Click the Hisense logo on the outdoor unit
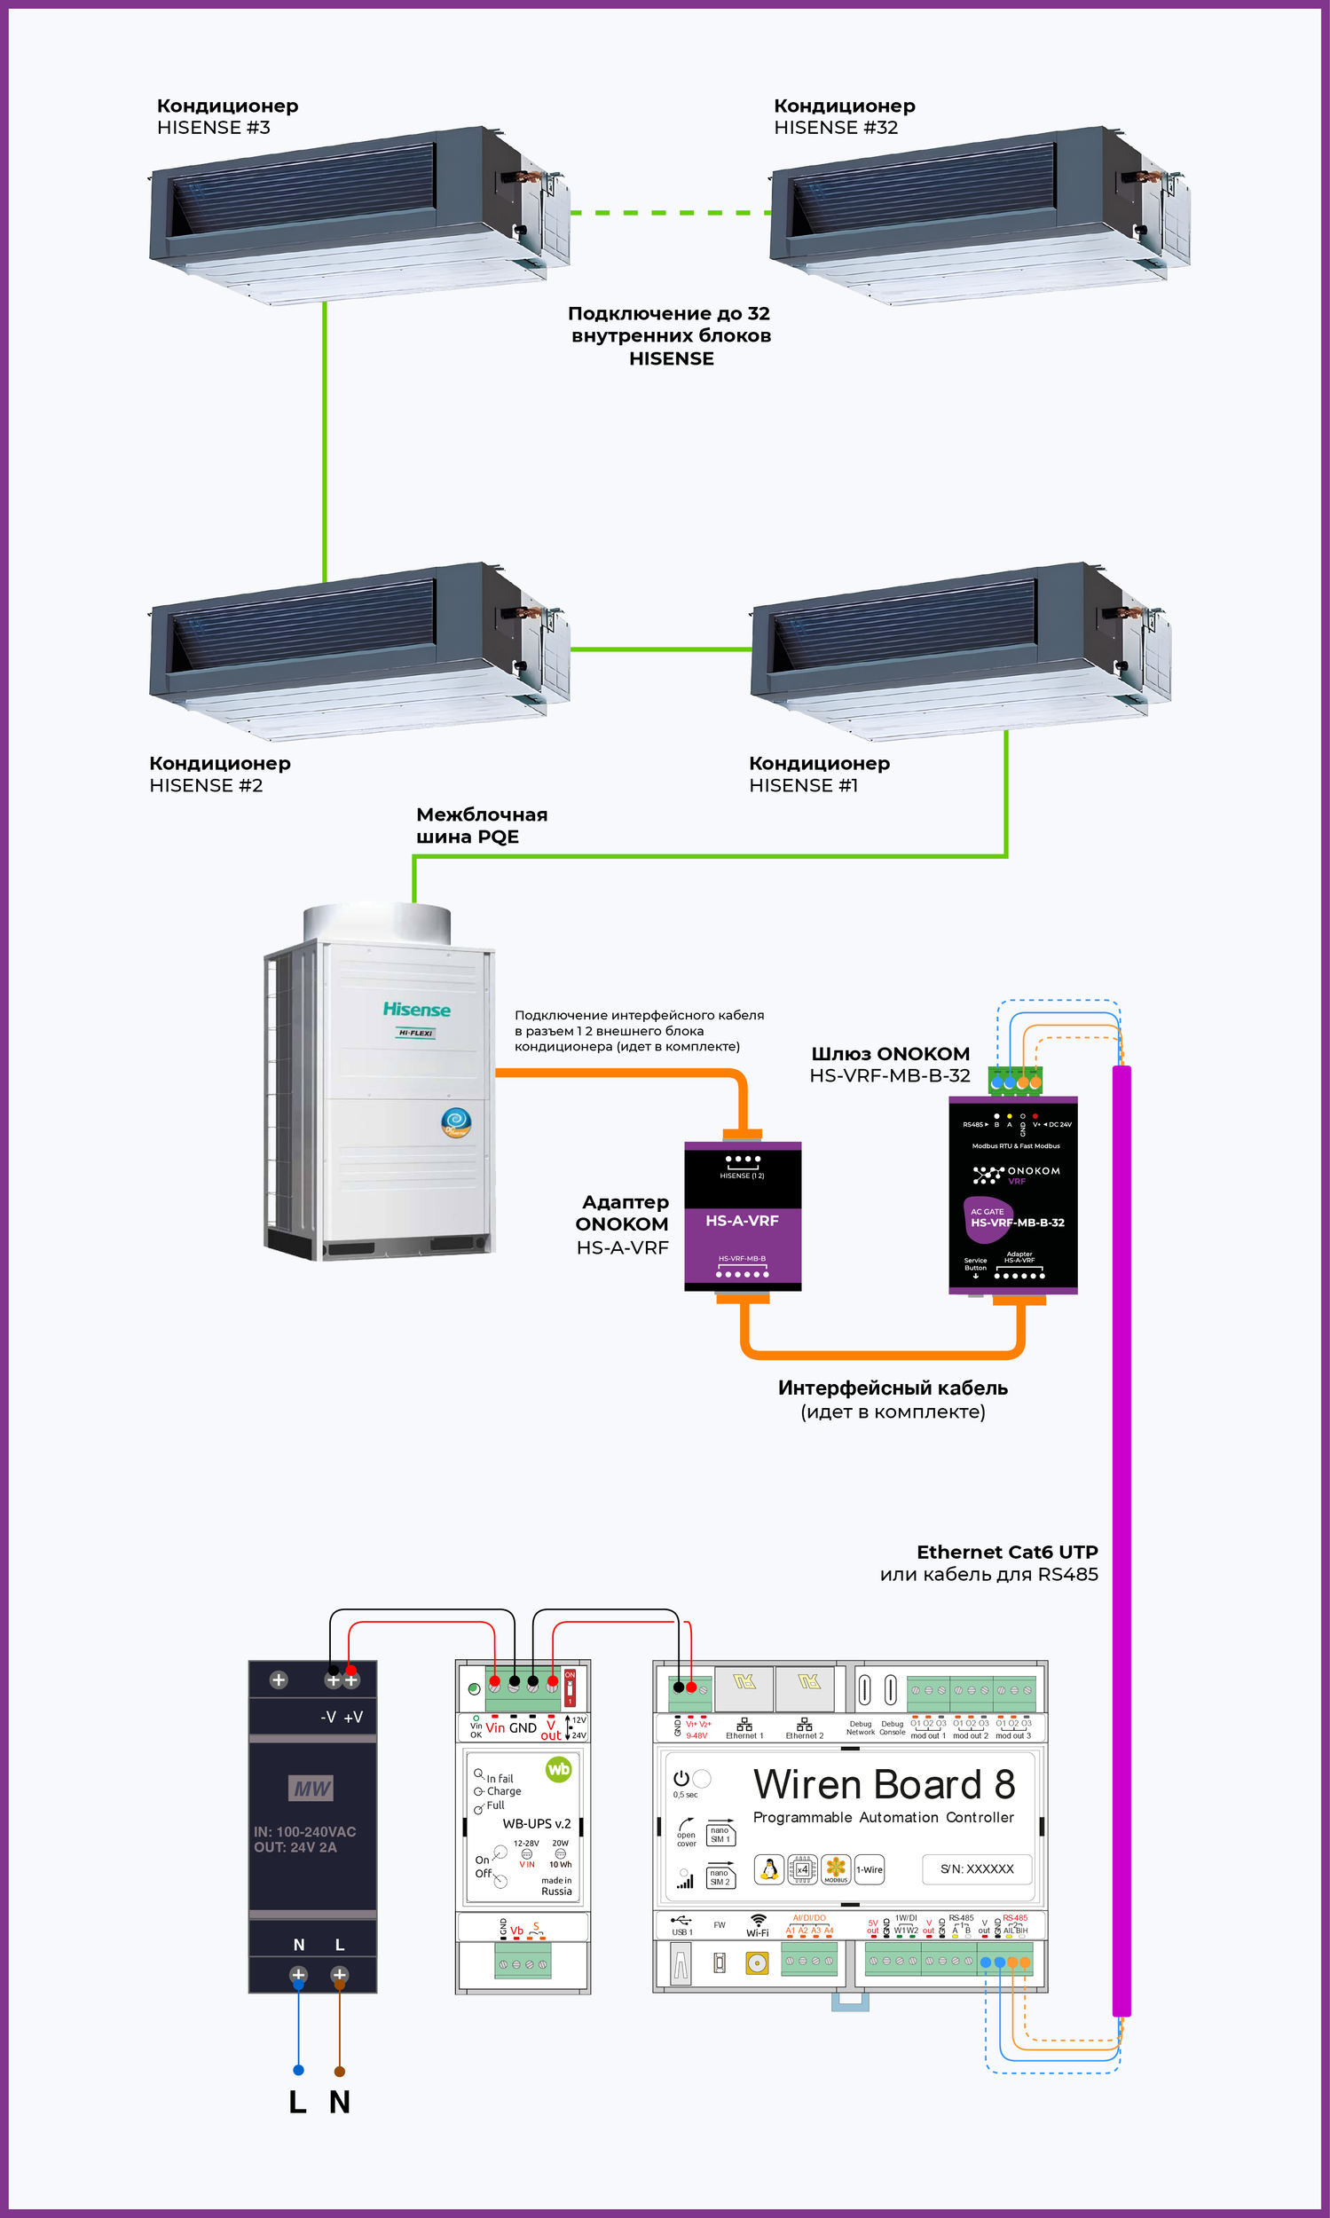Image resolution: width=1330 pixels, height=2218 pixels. pos(417,1010)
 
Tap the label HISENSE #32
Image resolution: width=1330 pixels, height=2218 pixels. pos(835,128)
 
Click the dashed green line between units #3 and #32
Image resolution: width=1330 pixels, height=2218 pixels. pos(671,212)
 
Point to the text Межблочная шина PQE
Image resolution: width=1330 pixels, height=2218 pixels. pos(481,825)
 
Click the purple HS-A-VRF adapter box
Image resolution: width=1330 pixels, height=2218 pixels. pos(742,1215)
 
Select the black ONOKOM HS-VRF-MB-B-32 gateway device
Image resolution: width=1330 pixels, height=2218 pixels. pos(1012,1194)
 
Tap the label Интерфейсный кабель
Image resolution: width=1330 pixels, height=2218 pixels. pos(893,1388)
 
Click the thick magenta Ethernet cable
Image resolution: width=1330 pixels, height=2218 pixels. pos(1121,1523)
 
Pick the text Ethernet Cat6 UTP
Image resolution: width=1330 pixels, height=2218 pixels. pos(1006,1552)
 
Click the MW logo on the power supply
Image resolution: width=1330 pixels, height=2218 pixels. pos(312,1789)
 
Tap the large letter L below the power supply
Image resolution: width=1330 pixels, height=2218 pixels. pos(297,2102)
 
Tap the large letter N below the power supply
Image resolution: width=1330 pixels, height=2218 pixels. pos(340,2102)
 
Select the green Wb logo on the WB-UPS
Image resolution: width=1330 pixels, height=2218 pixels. pos(558,1769)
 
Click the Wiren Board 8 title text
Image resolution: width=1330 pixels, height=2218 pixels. pos(884,1784)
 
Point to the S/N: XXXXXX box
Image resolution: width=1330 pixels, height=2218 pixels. pos(977,1868)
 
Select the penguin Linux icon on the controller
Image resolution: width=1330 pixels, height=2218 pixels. pos(769,1869)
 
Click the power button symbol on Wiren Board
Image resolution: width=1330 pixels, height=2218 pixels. pos(681,1778)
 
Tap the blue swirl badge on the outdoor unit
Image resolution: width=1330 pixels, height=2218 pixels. pos(456,1121)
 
